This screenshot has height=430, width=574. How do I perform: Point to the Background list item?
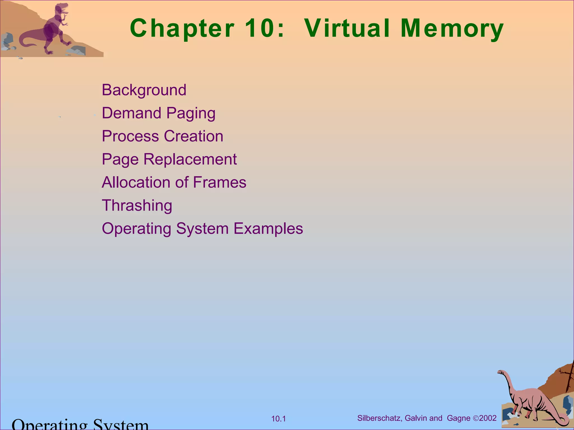pos(144,90)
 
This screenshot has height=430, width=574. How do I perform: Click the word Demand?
pos(131,113)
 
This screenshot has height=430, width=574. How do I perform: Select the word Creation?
pos(193,136)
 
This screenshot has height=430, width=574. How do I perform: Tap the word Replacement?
pos(190,159)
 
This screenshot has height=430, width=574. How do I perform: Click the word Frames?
pos(219,183)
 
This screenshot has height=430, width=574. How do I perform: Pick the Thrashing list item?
pos(137,205)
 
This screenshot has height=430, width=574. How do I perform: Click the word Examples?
pos(268,229)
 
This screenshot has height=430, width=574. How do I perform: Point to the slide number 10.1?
pos(278,419)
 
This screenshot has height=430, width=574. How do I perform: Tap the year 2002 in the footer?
pos(488,418)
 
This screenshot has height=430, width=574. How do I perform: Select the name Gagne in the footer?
pos(459,418)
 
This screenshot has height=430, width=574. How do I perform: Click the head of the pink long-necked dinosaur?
pos(501,372)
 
